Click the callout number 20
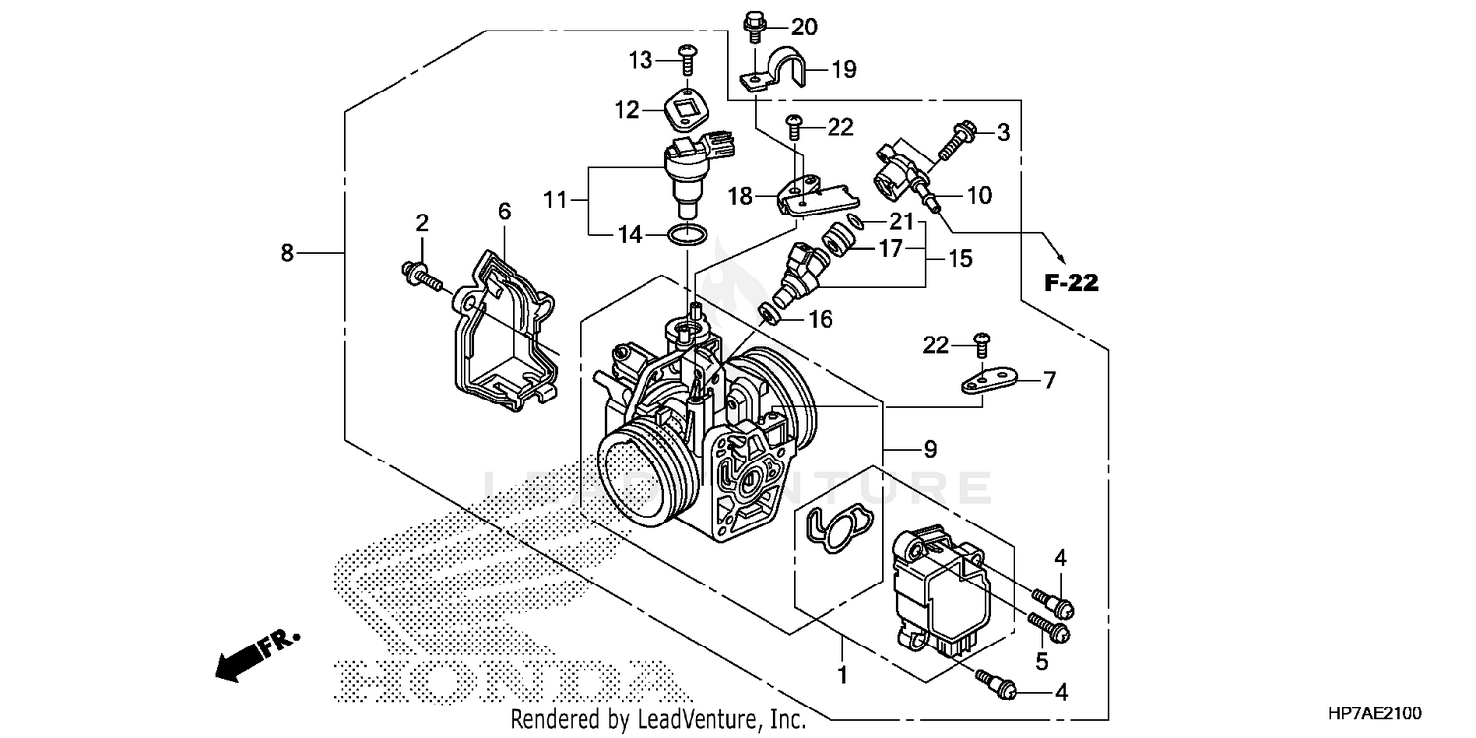(804, 27)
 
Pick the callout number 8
(287, 253)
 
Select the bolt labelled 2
(421, 273)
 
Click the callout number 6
(504, 211)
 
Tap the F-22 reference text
(1071, 283)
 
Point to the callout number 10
(980, 195)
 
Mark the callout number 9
(930, 449)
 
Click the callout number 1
(843, 677)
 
